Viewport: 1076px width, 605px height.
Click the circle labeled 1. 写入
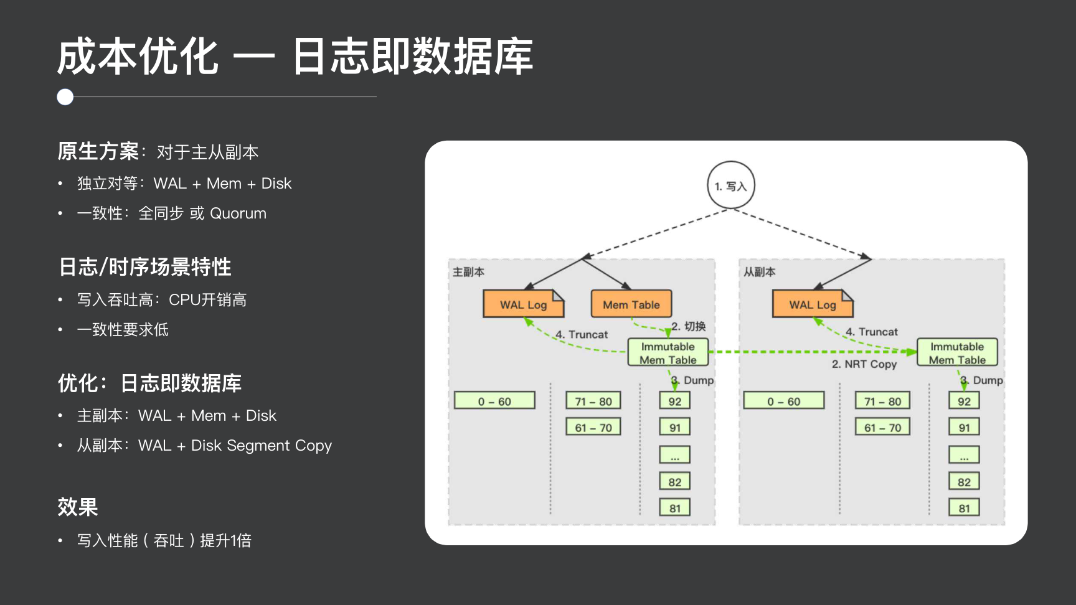pos(730,185)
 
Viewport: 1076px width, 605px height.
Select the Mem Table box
pos(631,304)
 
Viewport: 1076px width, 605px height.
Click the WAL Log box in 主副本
pos(523,304)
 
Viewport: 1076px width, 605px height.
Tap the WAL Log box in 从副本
pos(812,304)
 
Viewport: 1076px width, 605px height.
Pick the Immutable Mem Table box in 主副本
pos(668,352)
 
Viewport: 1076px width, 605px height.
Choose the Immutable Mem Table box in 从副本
pos(957,352)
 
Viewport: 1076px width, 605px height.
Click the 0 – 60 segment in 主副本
pos(494,401)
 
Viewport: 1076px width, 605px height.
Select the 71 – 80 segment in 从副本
pos(882,401)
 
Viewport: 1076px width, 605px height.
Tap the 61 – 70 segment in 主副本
pos(593,427)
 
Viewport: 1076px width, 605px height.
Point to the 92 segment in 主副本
pos(675,401)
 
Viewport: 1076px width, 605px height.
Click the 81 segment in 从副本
pos(964,508)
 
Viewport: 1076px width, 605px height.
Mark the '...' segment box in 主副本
pos(675,455)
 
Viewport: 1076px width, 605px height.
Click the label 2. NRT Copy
pos(864,364)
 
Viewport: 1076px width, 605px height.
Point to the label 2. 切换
pos(689,326)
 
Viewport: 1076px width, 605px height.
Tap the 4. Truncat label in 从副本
pos(872,332)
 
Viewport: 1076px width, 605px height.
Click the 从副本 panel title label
pos(759,272)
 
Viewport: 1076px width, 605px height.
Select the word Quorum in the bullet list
pos(238,213)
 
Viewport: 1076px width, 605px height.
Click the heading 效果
pos(78,507)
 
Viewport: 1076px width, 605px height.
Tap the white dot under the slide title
pos(65,97)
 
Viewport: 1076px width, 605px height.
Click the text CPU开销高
pos(207,300)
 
